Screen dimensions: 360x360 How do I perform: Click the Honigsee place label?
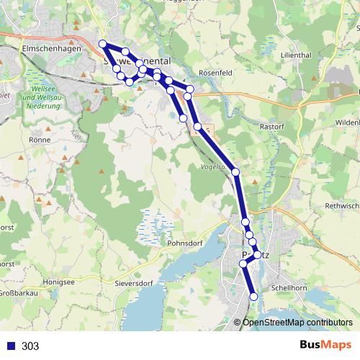coord(58,282)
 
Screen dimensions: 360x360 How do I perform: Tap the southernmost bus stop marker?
coord(253,297)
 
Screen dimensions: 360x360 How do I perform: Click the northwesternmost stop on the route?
coord(103,44)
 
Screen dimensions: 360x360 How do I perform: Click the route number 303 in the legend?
coord(30,346)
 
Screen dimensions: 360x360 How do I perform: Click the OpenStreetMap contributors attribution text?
coord(297,323)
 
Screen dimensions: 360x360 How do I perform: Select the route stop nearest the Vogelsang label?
coord(235,172)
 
